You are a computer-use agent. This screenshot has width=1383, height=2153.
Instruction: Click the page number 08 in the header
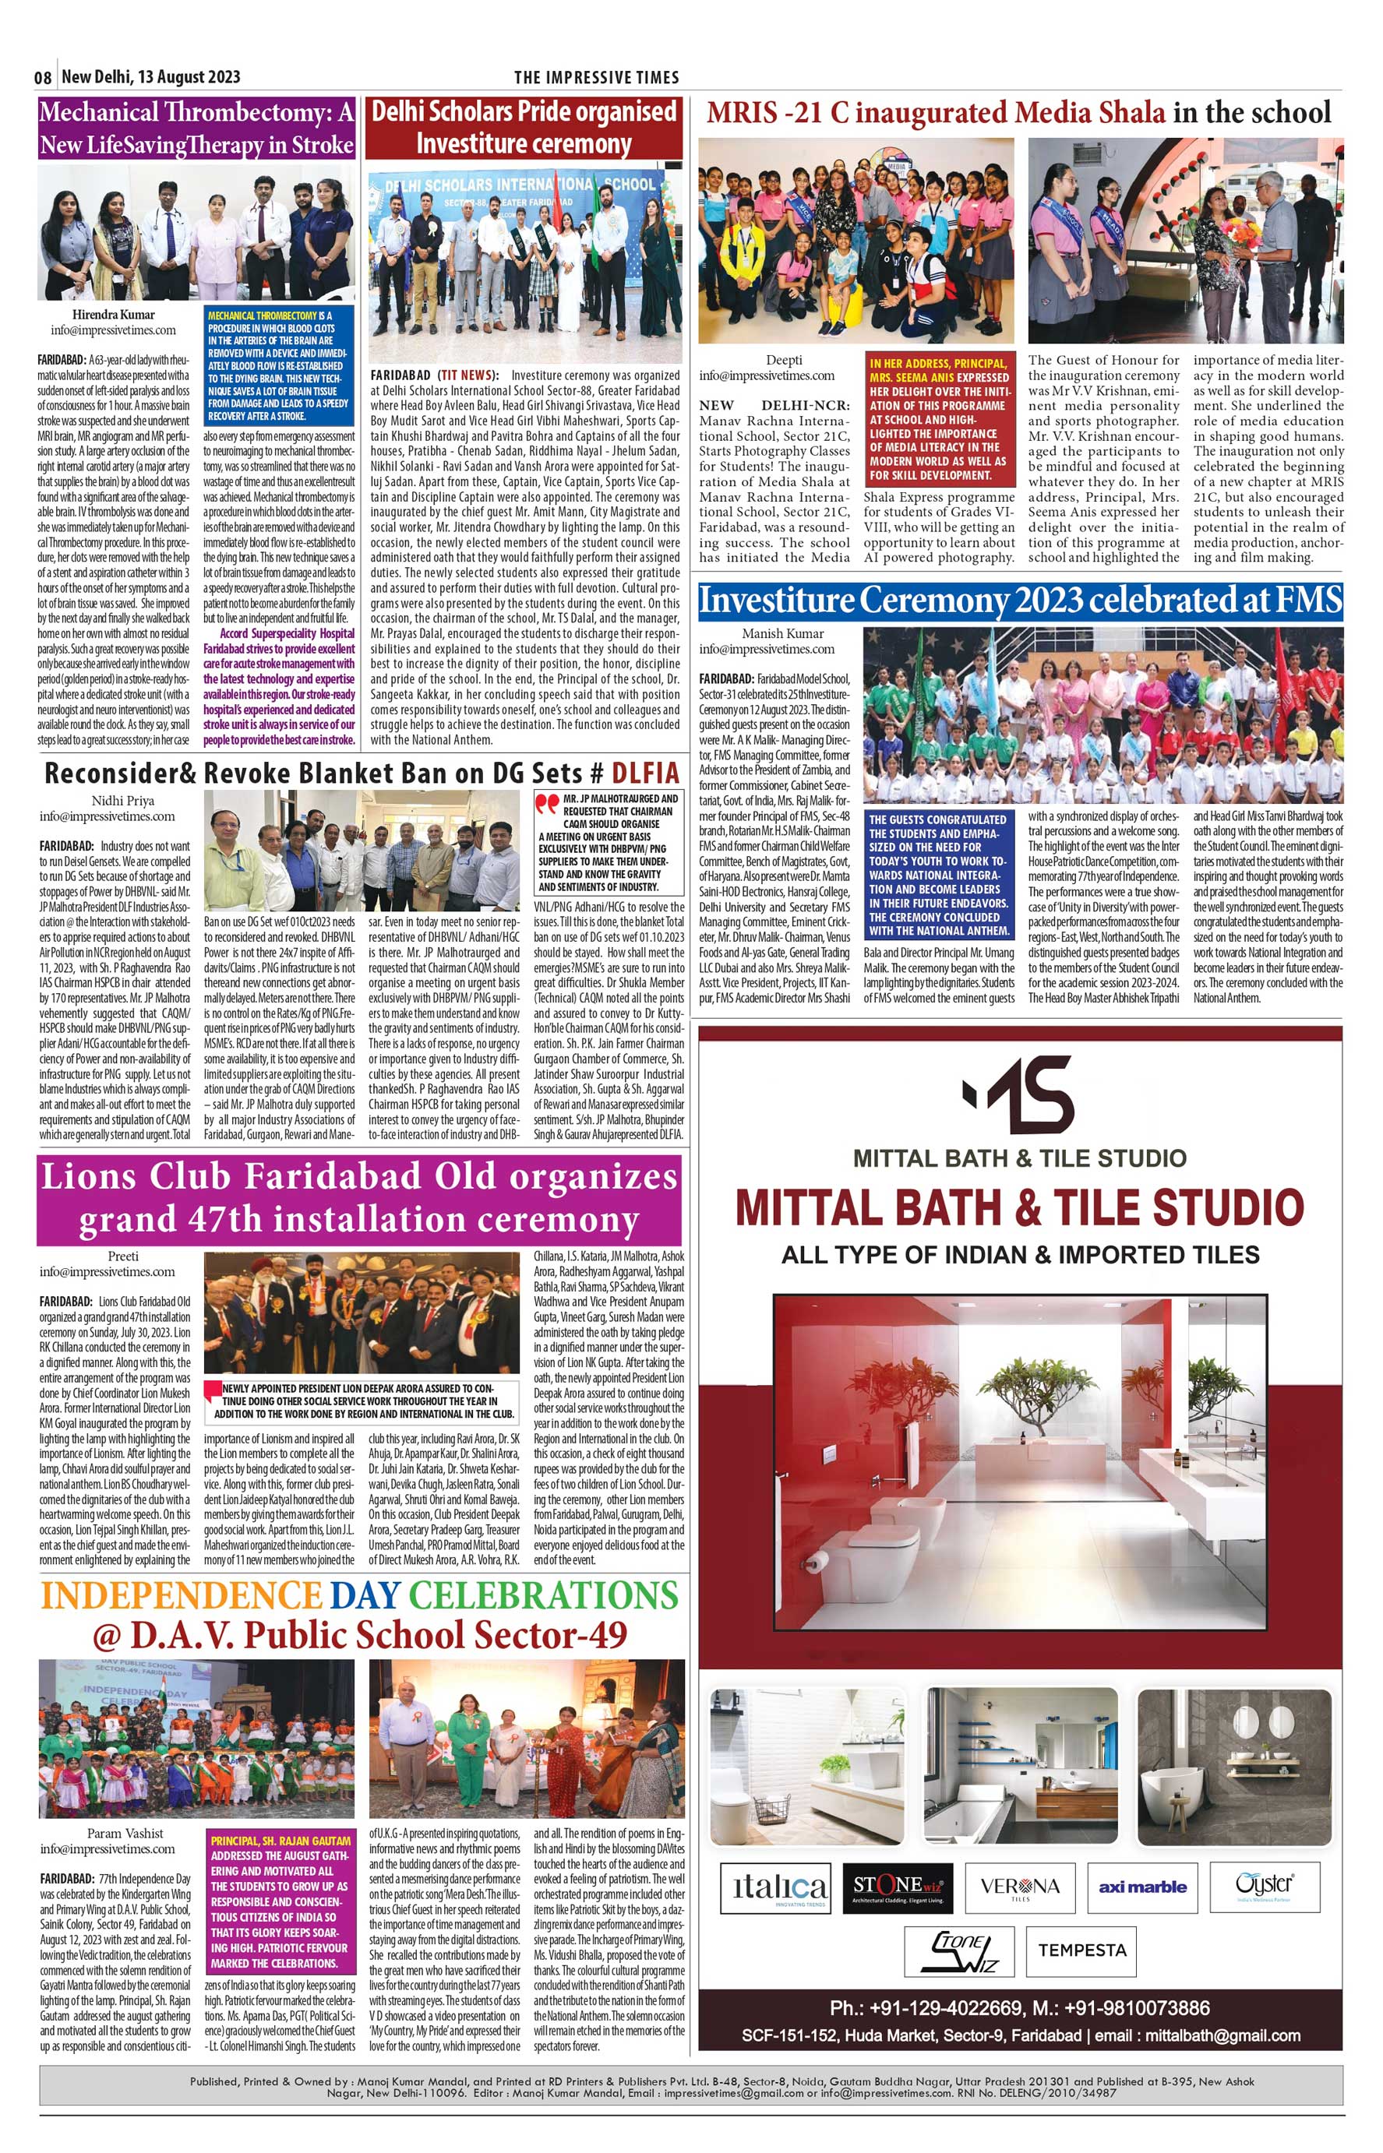click(43, 77)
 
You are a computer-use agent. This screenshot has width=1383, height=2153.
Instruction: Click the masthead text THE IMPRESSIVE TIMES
click(596, 77)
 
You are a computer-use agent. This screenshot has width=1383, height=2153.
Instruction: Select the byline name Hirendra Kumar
click(113, 314)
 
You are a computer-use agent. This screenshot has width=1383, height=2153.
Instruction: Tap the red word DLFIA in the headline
click(645, 773)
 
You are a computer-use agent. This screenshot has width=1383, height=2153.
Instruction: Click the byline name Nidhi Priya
click(123, 800)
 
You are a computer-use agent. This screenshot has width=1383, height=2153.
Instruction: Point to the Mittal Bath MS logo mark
click(1018, 1094)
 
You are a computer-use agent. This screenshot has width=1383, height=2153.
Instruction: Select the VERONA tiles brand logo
click(1019, 1887)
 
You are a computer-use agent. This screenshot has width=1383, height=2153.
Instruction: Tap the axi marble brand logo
click(1142, 1887)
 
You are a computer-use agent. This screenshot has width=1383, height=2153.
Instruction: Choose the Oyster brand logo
click(1265, 1883)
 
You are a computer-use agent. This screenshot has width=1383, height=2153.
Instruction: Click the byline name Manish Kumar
click(783, 633)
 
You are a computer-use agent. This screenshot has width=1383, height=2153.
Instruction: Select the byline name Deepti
click(784, 360)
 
